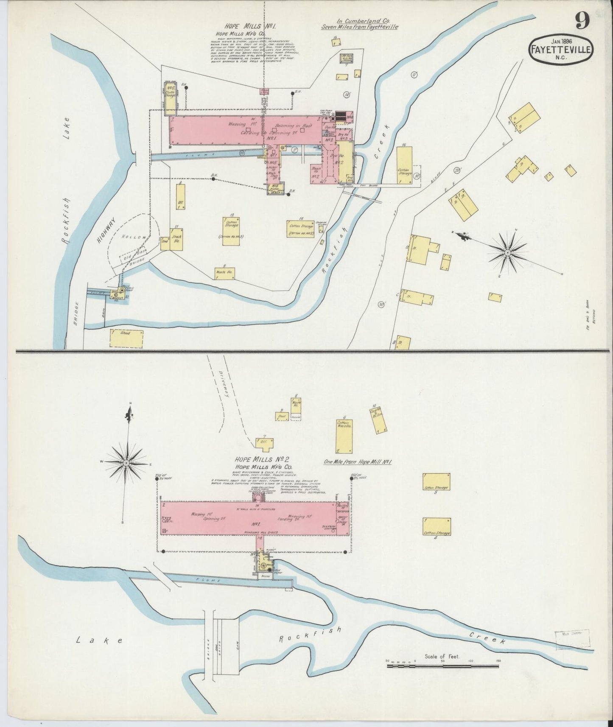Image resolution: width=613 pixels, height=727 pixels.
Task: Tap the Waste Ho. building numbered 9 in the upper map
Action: (x=225, y=273)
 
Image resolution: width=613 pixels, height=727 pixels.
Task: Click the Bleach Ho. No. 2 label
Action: (x=316, y=172)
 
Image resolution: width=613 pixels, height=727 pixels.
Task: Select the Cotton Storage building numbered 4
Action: (x=437, y=528)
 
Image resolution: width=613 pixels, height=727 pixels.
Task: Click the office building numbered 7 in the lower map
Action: (x=264, y=442)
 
